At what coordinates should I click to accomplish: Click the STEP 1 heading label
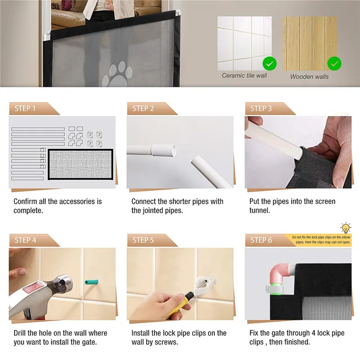coord(25,108)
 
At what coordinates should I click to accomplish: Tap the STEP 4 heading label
coord(26,240)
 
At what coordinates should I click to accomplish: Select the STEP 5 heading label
coord(143,240)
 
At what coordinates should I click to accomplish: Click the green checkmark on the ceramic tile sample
coord(270,63)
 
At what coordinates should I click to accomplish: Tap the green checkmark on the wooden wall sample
coord(334,63)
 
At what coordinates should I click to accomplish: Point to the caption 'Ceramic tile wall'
coord(244,76)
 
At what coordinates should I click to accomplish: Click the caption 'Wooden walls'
coord(309,76)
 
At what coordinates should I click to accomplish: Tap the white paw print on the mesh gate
coord(117,74)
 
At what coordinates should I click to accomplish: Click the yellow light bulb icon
coord(346,228)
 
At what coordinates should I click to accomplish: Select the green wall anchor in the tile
coord(91,282)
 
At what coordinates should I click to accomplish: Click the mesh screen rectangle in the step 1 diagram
coord(81,164)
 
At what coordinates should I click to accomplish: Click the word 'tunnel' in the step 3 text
coord(259,210)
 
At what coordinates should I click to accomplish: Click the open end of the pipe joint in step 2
coord(174,150)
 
